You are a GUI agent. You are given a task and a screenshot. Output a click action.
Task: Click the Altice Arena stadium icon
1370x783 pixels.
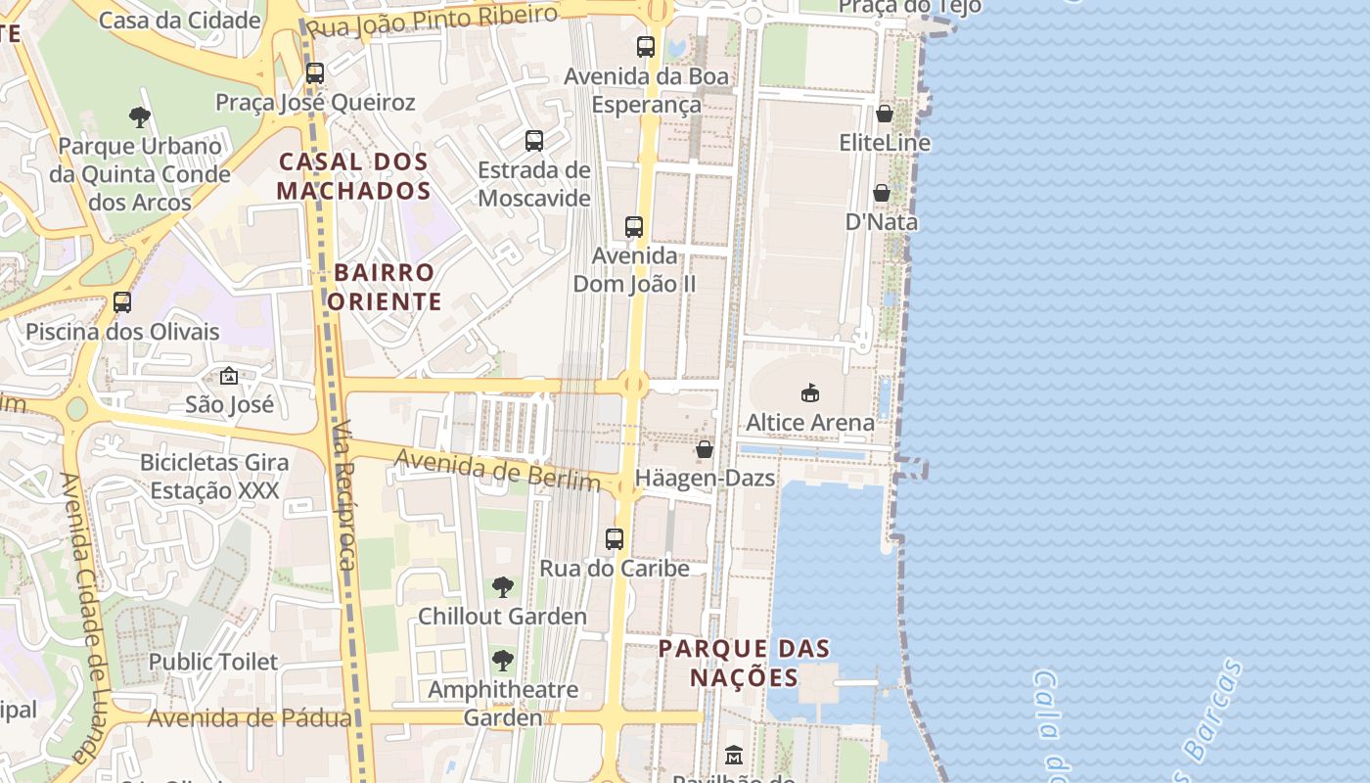(809, 392)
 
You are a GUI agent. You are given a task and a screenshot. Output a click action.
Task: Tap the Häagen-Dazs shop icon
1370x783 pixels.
(704, 449)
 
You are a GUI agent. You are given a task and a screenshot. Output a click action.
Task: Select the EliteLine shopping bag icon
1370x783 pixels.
(885, 114)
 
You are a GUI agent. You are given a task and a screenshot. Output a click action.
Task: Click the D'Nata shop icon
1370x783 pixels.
(882, 193)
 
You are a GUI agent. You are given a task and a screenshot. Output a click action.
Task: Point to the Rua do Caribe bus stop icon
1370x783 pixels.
(615, 539)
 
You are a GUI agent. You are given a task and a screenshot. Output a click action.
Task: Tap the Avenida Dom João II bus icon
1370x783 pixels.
(634, 227)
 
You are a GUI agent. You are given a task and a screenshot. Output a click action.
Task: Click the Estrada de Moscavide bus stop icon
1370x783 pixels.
(534, 141)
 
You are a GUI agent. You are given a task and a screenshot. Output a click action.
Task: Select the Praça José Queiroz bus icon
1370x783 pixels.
(315, 73)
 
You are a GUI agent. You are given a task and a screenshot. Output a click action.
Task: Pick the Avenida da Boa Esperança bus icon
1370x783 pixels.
(646, 47)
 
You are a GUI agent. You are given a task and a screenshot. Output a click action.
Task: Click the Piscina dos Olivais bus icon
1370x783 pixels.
(122, 302)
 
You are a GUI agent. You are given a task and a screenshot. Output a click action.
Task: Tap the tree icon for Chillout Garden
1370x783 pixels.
(502, 587)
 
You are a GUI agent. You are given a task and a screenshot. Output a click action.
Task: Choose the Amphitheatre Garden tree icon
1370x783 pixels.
(502, 661)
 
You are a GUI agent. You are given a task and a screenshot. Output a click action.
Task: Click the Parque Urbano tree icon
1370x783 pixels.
(140, 117)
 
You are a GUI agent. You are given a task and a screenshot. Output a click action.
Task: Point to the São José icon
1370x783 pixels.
(229, 376)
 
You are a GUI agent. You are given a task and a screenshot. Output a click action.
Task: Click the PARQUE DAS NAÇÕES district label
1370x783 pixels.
(744, 663)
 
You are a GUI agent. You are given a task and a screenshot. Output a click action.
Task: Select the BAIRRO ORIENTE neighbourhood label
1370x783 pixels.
(384, 287)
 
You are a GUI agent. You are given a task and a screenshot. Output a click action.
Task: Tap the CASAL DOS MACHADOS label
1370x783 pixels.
(354, 176)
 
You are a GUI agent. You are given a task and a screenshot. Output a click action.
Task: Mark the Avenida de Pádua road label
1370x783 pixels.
(249, 718)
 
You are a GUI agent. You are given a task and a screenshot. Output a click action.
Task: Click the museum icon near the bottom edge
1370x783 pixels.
(734, 755)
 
